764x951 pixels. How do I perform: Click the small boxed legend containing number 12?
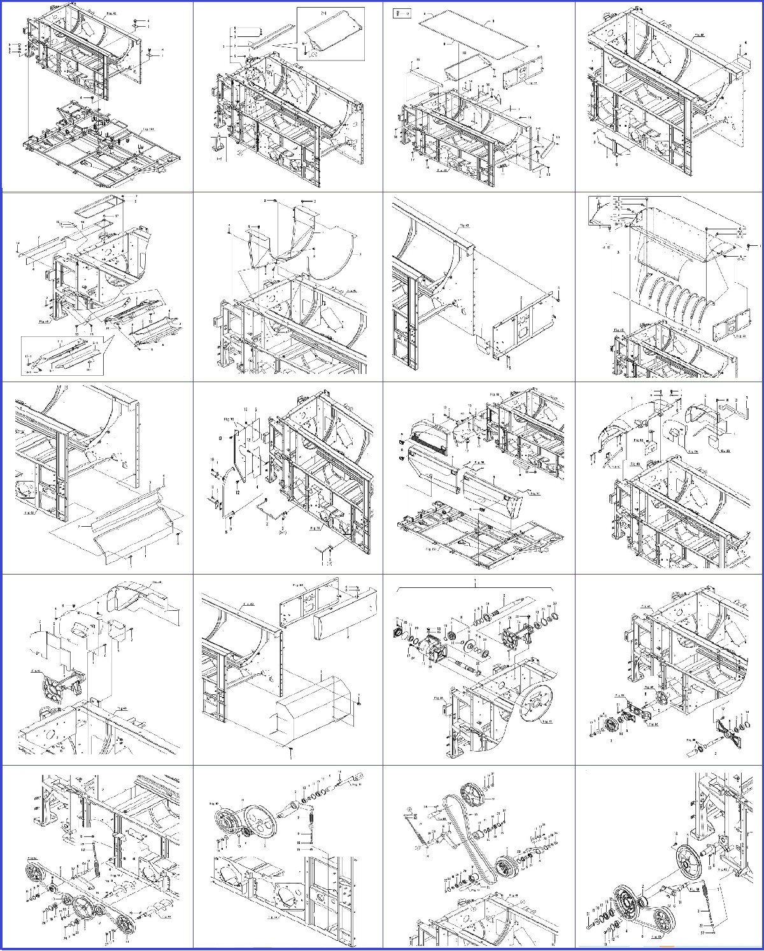(x=403, y=11)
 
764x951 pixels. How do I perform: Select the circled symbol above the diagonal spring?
(x=411, y=812)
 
